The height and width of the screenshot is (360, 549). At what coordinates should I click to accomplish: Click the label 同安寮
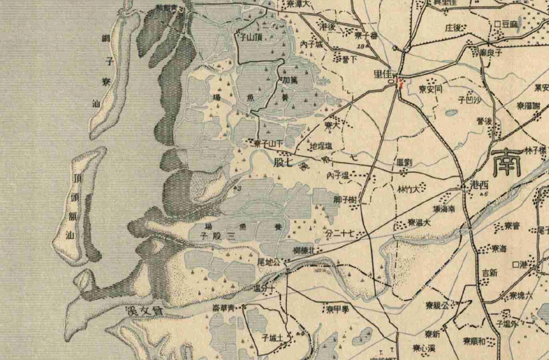431,89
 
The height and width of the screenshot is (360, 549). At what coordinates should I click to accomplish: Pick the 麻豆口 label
506,24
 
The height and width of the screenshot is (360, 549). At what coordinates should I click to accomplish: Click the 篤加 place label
289,80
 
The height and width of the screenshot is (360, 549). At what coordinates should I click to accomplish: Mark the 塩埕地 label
321,146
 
